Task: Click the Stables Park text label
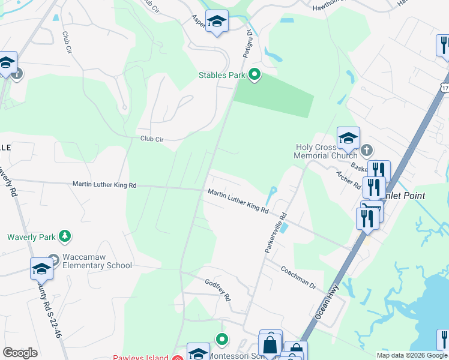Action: pos(222,76)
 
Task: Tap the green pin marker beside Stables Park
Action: pos(255,75)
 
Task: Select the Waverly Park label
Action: pos(31,236)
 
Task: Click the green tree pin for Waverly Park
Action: pos(65,236)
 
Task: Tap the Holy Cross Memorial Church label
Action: pos(326,151)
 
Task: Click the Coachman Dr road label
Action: pos(298,277)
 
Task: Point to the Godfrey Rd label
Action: pos(218,290)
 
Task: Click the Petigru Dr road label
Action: pos(247,44)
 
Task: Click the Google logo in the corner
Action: pos(20,353)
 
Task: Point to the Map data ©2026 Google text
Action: pos(412,355)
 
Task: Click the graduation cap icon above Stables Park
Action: pos(216,22)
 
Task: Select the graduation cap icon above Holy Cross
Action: pos(348,139)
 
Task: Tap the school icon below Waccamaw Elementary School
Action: pos(41,268)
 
